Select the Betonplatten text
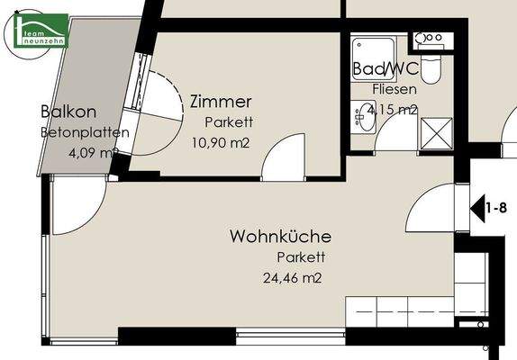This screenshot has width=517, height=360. coord(84,132)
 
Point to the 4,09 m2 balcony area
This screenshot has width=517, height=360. coord(93,152)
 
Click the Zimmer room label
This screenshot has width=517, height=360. coord(220,102)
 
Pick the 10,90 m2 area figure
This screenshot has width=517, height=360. coord(220,141)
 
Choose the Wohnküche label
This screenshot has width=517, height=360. coord(280,238)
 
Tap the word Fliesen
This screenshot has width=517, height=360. coord(395,89)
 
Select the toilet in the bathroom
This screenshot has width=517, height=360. coord(430,66)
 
